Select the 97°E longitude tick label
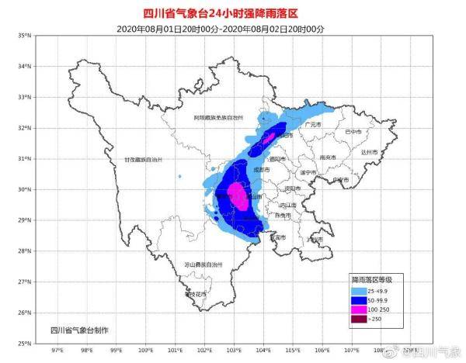click(57, 351)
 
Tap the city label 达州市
click(369, 153)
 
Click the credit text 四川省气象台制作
click(79, 330)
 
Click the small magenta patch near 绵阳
click(268, 137)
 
